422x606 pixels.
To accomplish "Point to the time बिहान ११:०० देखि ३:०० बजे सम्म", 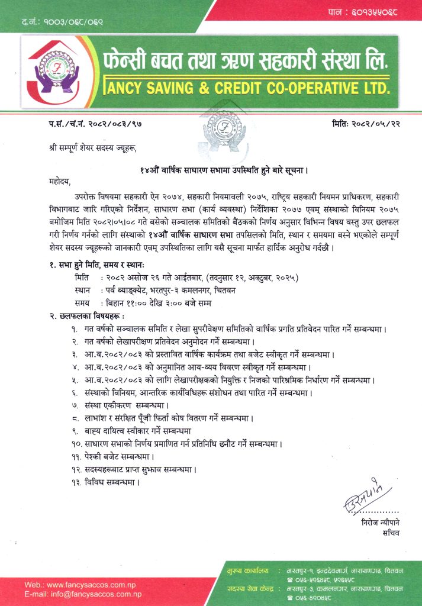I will click(x=158, y=304).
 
